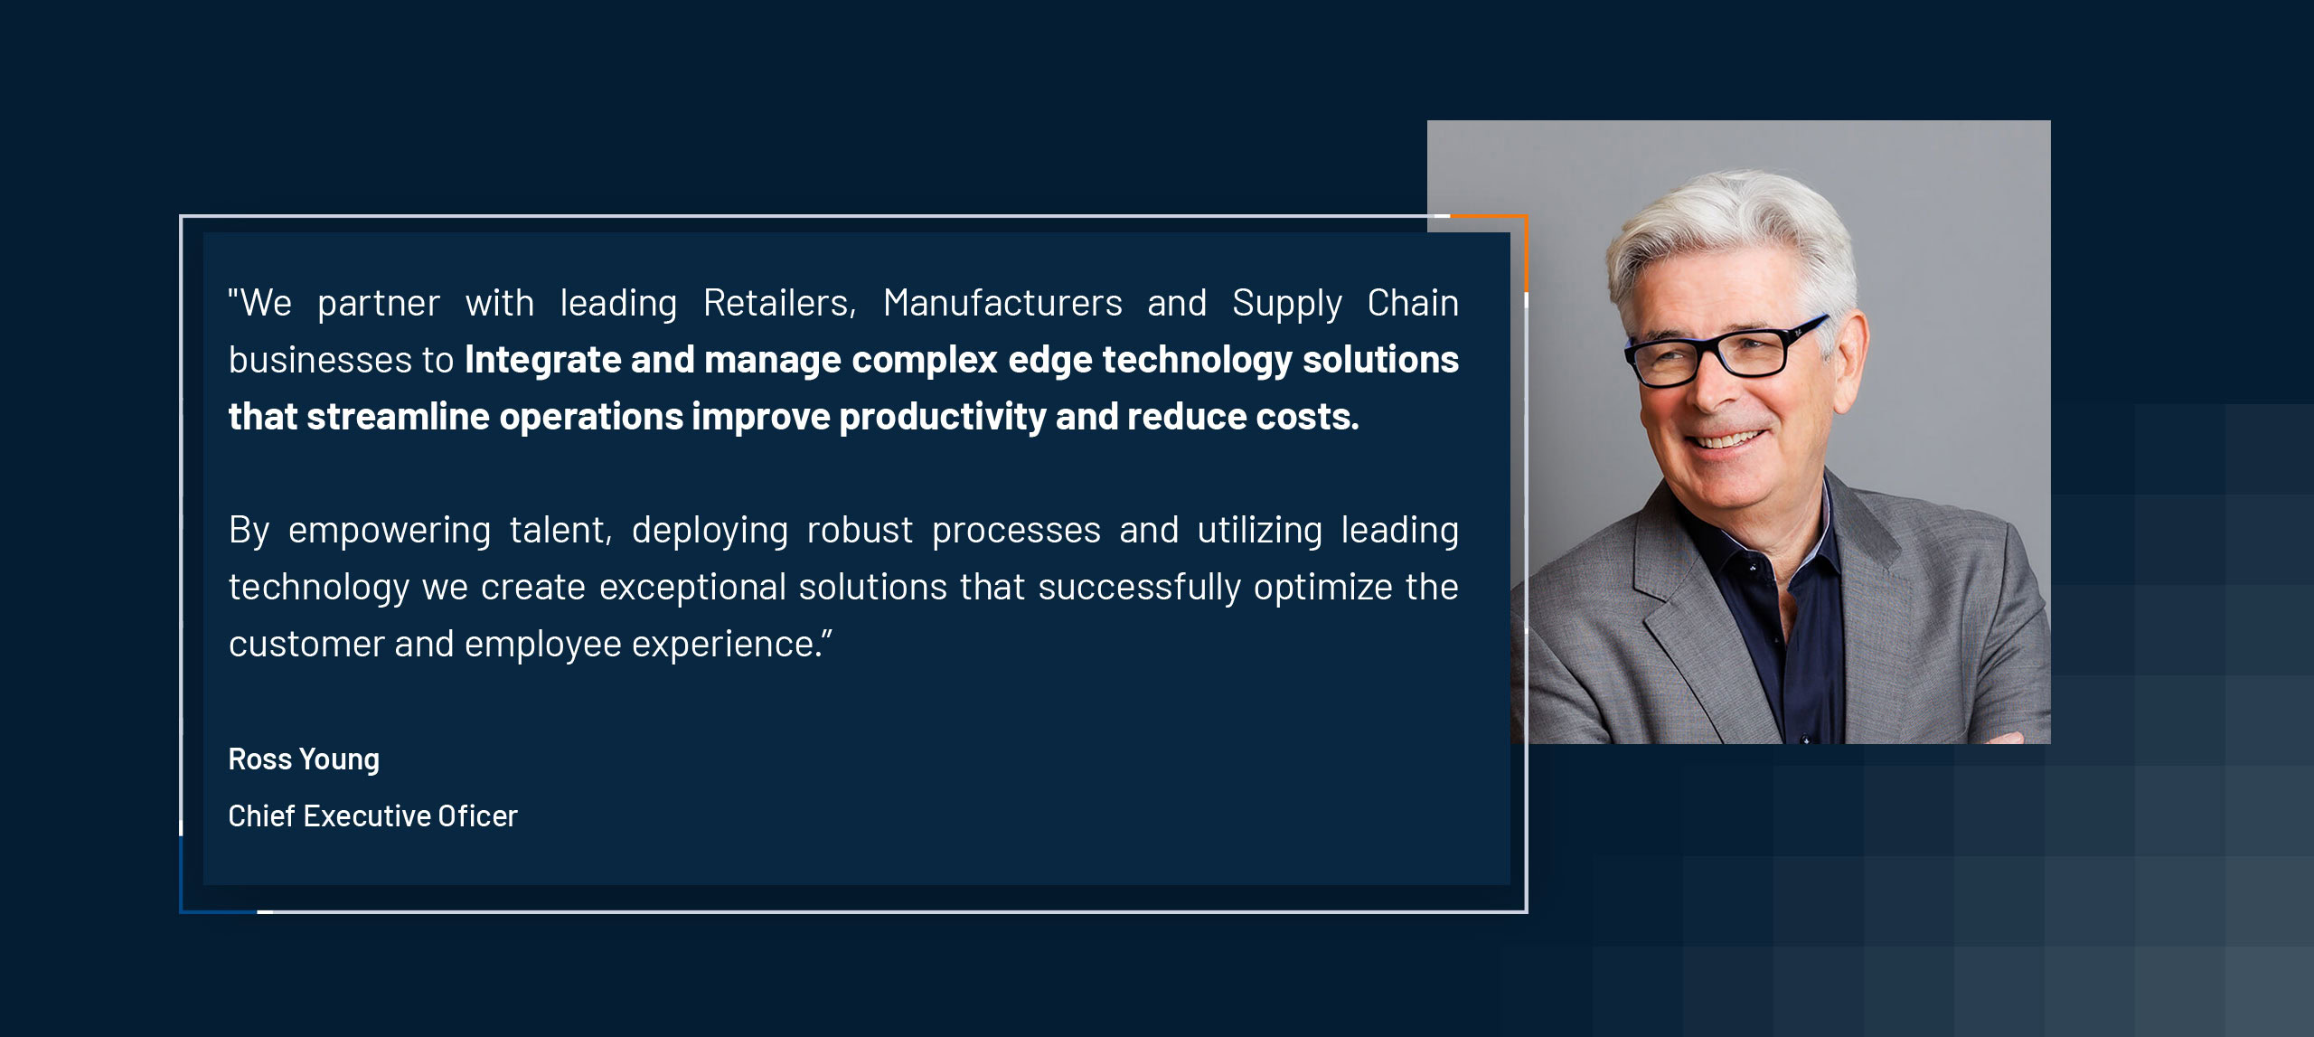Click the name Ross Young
click(x=304, y=759)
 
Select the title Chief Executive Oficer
click(x=372, y=816)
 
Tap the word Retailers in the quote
click(x=778, y=304)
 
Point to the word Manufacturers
click(x=1002, y=304)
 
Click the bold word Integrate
click(x=542, y=360)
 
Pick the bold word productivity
click(x=942, y=418)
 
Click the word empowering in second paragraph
click(x=389, y=531)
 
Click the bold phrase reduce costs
click(x=1242, y=417)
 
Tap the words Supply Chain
click(x=1344, y=304)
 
